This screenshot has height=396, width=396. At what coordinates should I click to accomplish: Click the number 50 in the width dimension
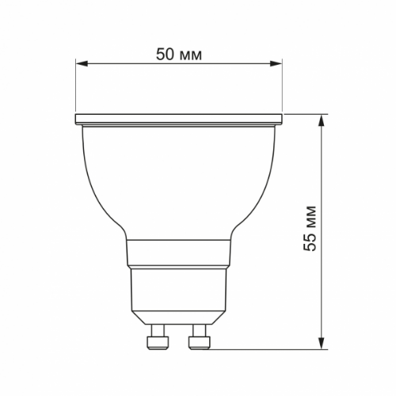[166, 55]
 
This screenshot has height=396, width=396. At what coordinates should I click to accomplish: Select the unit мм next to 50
[191, 55]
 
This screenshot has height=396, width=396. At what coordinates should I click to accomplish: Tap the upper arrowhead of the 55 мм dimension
[321, 120]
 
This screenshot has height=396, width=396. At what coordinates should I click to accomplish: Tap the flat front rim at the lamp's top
[179, 120]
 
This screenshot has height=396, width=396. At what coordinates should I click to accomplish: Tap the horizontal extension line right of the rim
[305, 115]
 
